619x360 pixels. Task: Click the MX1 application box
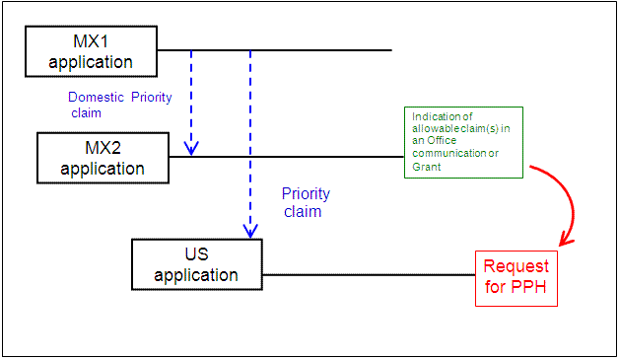91,51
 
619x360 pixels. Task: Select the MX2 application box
103,158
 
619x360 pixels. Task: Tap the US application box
197,264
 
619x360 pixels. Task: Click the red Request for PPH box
516,278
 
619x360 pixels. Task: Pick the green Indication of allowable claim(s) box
462,142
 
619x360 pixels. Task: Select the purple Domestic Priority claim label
118,105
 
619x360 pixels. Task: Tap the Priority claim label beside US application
306,202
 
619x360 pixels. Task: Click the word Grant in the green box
426,167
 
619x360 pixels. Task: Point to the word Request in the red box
516,267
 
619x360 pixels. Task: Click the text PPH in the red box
530,289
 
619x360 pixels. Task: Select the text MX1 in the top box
91,41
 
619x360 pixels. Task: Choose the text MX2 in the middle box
103,148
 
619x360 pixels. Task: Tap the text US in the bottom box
197,254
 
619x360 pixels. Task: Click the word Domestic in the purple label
98,98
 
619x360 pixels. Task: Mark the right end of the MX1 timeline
390,49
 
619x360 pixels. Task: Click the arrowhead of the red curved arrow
564,241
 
